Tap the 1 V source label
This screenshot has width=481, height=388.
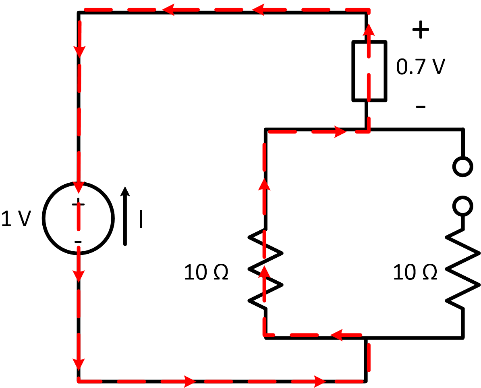pyautogui.click(x=16, y=218)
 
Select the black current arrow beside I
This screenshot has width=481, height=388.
pyautogui.click(x=126, y=216)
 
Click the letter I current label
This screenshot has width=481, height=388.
pyautogui.click(x=141, y=219)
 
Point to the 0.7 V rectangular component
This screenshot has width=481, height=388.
pyautogui.click(x=370, y=71)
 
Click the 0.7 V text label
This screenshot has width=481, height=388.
pyautogui.click(x=420, y=67)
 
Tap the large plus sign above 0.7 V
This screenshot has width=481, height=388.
pyautogui.click(x=420, y=30)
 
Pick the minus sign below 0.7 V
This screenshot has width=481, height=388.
pyautogui.click(x=420, y=107)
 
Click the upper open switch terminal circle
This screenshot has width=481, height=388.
pyautogui.click(x=462, y=166)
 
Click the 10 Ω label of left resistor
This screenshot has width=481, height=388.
pyautogui.click(x=206, y=273)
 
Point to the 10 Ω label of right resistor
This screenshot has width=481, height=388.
pyautogui.click(x=415, y=273)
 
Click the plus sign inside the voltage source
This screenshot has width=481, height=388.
pyautogui.click(x=79, y=204)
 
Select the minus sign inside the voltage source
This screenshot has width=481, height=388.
pyautogui.click(x=78, y=242)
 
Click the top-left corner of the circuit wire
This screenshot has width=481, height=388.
pyautogui.click(x=79, y=13)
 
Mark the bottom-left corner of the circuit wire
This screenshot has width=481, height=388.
pyautogui.click(x=79, y=380)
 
